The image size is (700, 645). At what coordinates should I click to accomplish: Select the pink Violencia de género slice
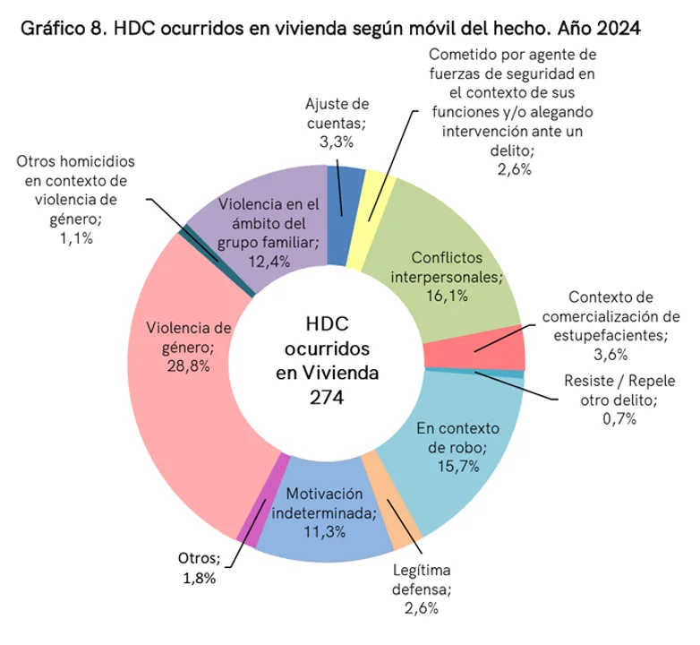(x=179, y=403)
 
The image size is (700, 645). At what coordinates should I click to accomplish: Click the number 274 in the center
(x=327, y=397)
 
